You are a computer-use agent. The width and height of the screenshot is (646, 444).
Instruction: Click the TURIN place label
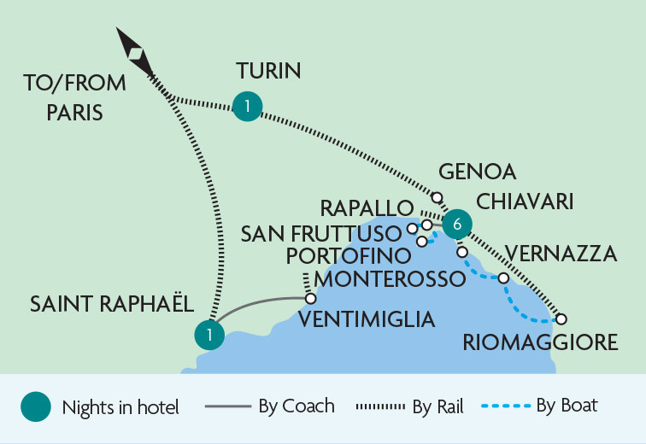(268, 71)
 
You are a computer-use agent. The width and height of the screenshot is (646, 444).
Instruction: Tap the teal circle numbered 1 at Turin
(247, 106)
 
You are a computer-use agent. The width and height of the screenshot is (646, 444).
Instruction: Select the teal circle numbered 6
(457, 224)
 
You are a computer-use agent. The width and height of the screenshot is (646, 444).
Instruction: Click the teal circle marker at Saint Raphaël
(209, 335)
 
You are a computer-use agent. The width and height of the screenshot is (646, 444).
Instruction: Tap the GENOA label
(477, 172)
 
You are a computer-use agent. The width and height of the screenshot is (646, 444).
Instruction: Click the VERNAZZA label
(561, 254)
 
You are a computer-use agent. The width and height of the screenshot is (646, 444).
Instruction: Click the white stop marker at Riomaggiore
(561, 318)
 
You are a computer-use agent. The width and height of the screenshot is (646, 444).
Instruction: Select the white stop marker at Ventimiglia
(310, 299)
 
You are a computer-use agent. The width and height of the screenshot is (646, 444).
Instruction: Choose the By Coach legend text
(297, 406)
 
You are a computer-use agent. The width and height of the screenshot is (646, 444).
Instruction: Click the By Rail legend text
(437, 406)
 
